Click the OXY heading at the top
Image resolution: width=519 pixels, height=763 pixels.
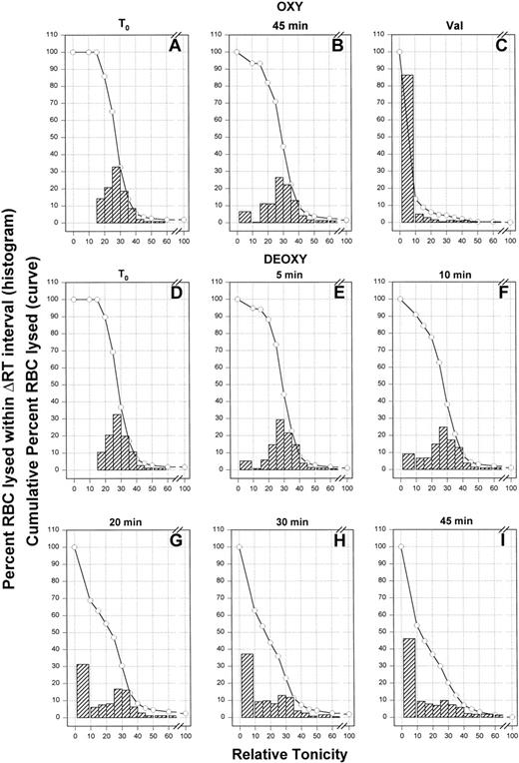click(290, 8)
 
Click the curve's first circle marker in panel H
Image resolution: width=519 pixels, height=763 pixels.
click(238, 546)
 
